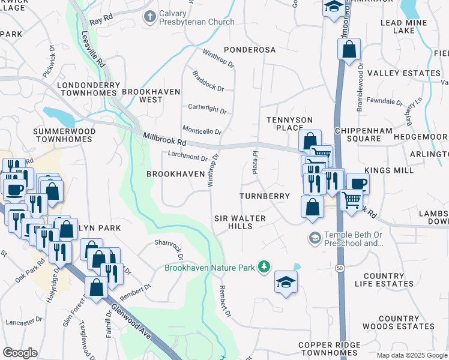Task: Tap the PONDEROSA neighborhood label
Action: tap(249, 49)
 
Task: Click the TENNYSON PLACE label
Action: tap(287, 125)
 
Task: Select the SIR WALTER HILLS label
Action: tap(240, 223)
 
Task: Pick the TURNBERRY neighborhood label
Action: tap(264, 196)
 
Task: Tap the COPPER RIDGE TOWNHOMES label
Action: tap(330, 350)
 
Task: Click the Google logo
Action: tap(20, 353)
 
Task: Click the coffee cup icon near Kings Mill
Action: tap(358, 183)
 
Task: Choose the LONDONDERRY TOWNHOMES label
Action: tap(86, 89)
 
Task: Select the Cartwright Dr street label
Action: tap(207, 111)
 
